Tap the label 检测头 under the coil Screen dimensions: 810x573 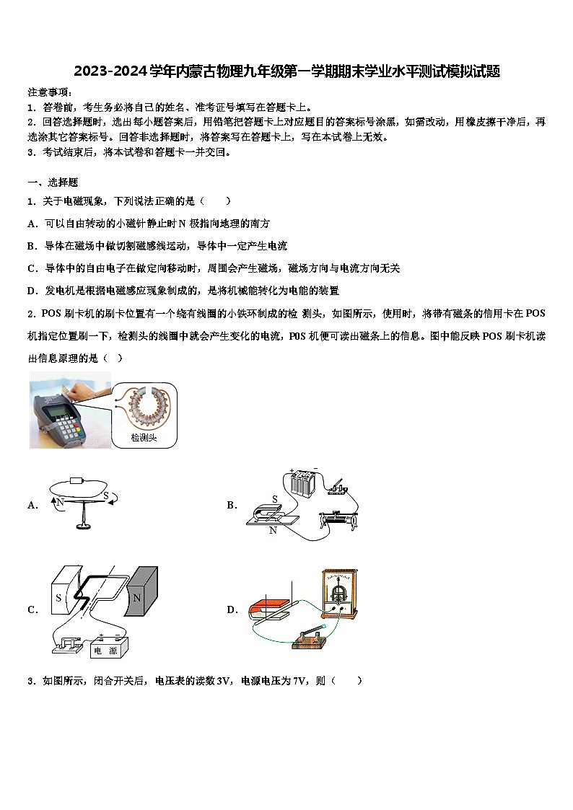click(144, 438)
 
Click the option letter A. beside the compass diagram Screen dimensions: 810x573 click(32, 506)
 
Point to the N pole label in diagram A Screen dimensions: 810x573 click(61, 501)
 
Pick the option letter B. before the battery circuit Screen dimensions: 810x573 click(232, 506)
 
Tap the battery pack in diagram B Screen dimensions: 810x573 click(304, 483)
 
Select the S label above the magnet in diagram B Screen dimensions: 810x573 click(274, 498)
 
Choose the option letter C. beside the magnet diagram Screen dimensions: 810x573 click(32, 609)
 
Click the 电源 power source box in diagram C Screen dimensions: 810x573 click(110, 648)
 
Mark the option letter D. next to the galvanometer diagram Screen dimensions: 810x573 click(232, 609)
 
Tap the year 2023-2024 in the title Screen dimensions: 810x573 click(110, 71)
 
